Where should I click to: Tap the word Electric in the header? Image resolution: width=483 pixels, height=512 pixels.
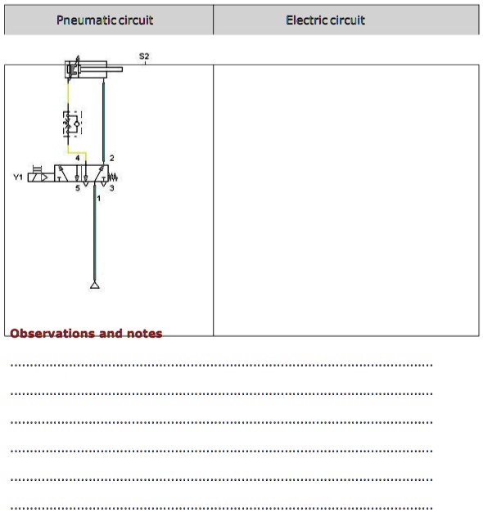click(x=306, y=20)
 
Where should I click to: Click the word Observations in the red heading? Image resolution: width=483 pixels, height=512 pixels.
click(x=52, y=334)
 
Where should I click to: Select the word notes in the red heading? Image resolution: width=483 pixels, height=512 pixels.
click(x=144, y=334)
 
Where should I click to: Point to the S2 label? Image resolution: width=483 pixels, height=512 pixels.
click(x=144, y=56)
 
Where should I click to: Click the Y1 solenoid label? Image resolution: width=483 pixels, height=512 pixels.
click(x=18, y=177)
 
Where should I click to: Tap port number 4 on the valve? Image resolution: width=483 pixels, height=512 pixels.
click(x=78, y=158)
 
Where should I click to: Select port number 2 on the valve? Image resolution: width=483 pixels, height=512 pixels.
click(x=112, y=158)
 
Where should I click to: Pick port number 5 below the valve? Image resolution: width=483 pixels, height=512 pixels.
click(x=78, y=188)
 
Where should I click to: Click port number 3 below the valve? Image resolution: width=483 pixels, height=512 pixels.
click(x=112, y=188)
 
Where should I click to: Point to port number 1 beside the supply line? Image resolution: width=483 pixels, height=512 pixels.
click(x=99, y=198)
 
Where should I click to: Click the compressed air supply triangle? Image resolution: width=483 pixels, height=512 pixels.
click(x=95, y=285)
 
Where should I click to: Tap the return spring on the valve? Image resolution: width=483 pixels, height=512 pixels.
click(x=113, y=177)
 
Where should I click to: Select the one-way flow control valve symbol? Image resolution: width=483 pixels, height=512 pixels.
click(x=72, y=124)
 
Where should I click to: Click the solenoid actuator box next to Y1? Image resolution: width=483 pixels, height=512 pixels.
click(x=41, y=177)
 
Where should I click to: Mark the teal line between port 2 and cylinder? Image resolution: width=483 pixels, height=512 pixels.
click(x=104, y=122)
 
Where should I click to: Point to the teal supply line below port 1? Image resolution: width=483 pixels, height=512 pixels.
click(x=95, y=232)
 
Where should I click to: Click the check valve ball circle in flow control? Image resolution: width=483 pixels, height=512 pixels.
click(x=77, y=124)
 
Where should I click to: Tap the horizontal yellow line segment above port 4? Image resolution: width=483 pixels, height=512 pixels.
click(x=77, y=152)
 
